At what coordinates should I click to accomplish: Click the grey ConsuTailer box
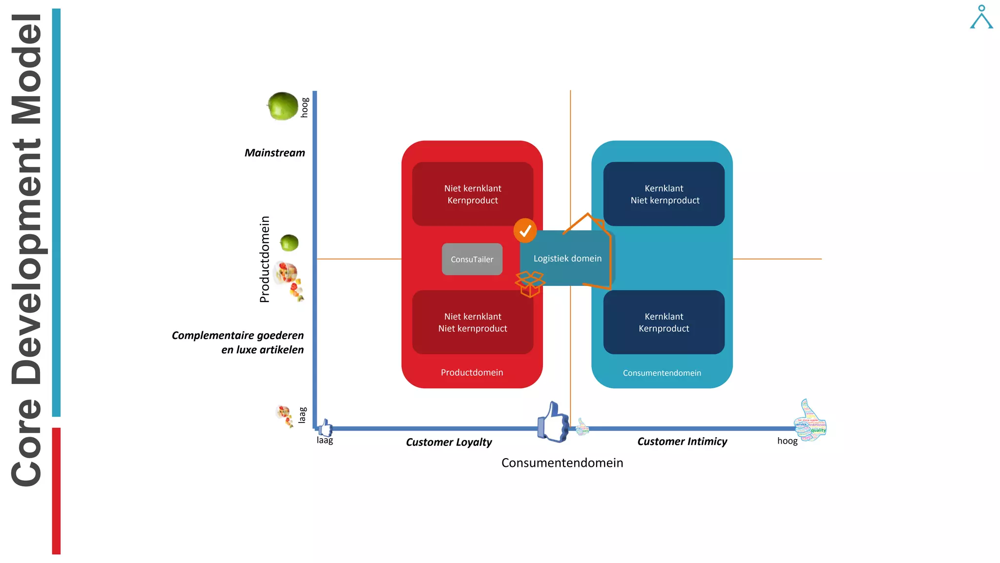click(472, 259)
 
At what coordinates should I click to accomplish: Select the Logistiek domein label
click(567, 259)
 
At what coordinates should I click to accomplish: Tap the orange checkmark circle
click(525, 231)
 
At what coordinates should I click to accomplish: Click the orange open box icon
click(530, 284)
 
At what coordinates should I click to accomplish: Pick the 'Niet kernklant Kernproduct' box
click(472, 194)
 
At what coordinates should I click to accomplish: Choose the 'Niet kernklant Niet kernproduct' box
click(472, 322)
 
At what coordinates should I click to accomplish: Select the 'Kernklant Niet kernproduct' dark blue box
click(664, 194)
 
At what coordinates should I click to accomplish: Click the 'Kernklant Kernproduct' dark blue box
click(664, 322)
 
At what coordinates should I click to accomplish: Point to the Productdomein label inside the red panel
click(472, 372)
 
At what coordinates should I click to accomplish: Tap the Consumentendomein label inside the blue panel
click(662, 373)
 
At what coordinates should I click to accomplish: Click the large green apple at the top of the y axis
click(283, 106)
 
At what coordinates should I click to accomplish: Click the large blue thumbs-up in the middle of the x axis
click(553, 422)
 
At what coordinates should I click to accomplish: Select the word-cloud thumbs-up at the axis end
click(811, 421)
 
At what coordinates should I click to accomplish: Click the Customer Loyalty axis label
click(449, 442)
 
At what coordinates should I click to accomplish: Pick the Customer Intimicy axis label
click(682, 442)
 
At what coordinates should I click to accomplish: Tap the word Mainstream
click(274, 153)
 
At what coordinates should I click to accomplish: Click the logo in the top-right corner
click(981, 17)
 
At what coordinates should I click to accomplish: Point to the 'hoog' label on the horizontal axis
click(787, 441)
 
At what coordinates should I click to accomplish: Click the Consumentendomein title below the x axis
click(562, 463)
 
